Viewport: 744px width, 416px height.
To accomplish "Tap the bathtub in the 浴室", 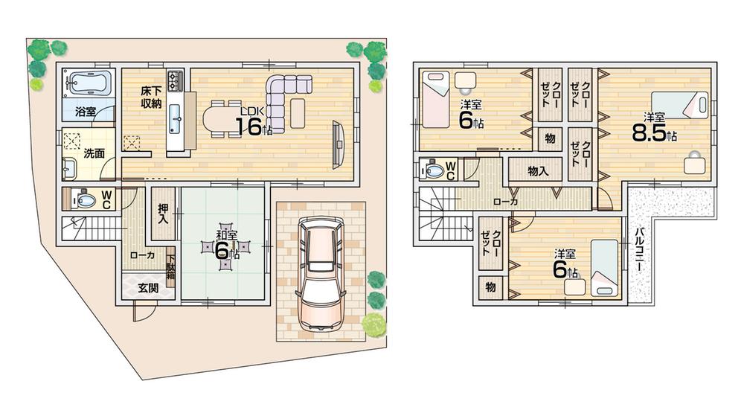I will (x=87, y=81).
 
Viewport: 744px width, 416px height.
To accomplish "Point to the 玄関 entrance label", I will (x=147, y=289).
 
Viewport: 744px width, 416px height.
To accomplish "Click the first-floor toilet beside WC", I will (x=83, y=199).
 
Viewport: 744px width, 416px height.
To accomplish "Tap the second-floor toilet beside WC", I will (x=433, y=170).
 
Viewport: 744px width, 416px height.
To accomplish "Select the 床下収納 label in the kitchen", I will (x=152, y=97).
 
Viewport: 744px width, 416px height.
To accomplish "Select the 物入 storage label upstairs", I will (x=538, y=171).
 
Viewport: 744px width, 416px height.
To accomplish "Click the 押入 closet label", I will (x=163, y=214).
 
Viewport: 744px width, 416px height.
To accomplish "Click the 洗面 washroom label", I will (x=93, y=154).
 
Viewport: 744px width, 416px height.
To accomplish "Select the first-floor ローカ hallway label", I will (x=141, y=255).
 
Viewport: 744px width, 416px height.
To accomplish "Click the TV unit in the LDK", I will (x=339, y=141).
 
